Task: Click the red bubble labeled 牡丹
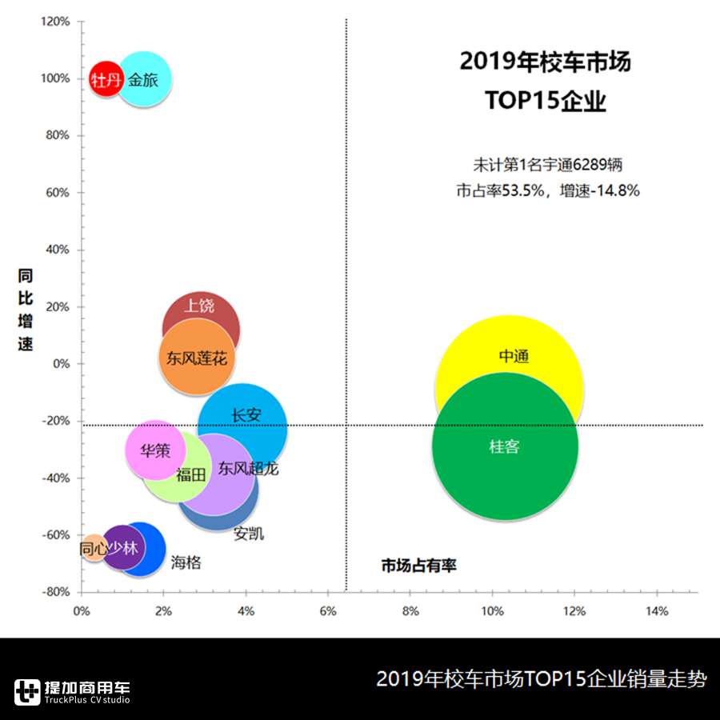pyautogui.click(x=105, y=79)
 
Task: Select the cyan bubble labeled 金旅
pyautogui.click(x=145, y=79)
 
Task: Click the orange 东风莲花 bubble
pyautogui.click(x=196, y=358)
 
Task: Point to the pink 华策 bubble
pyautogui.click(x=154, y=450)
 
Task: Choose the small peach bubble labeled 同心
pyautogui.click(x=94, y=549)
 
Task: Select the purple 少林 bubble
pyautogui.click(x=122, y=548)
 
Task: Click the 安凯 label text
pyautogui.click(x=249, y=534)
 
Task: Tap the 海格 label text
pyautogui.click(x=186, y=563)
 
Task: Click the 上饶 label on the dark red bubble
pyautogui.click(x=199, y=306)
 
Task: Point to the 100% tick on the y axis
pyautogui.click(x=55, y=78)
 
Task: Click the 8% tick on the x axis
pyautogui.click(x=410, y=611)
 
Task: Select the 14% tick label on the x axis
pyautogui.click(x=656, y=611)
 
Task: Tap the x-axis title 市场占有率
pyautogui.click(x=418, y=566)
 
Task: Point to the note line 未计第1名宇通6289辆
pyautogui.click(x=547, y=165)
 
